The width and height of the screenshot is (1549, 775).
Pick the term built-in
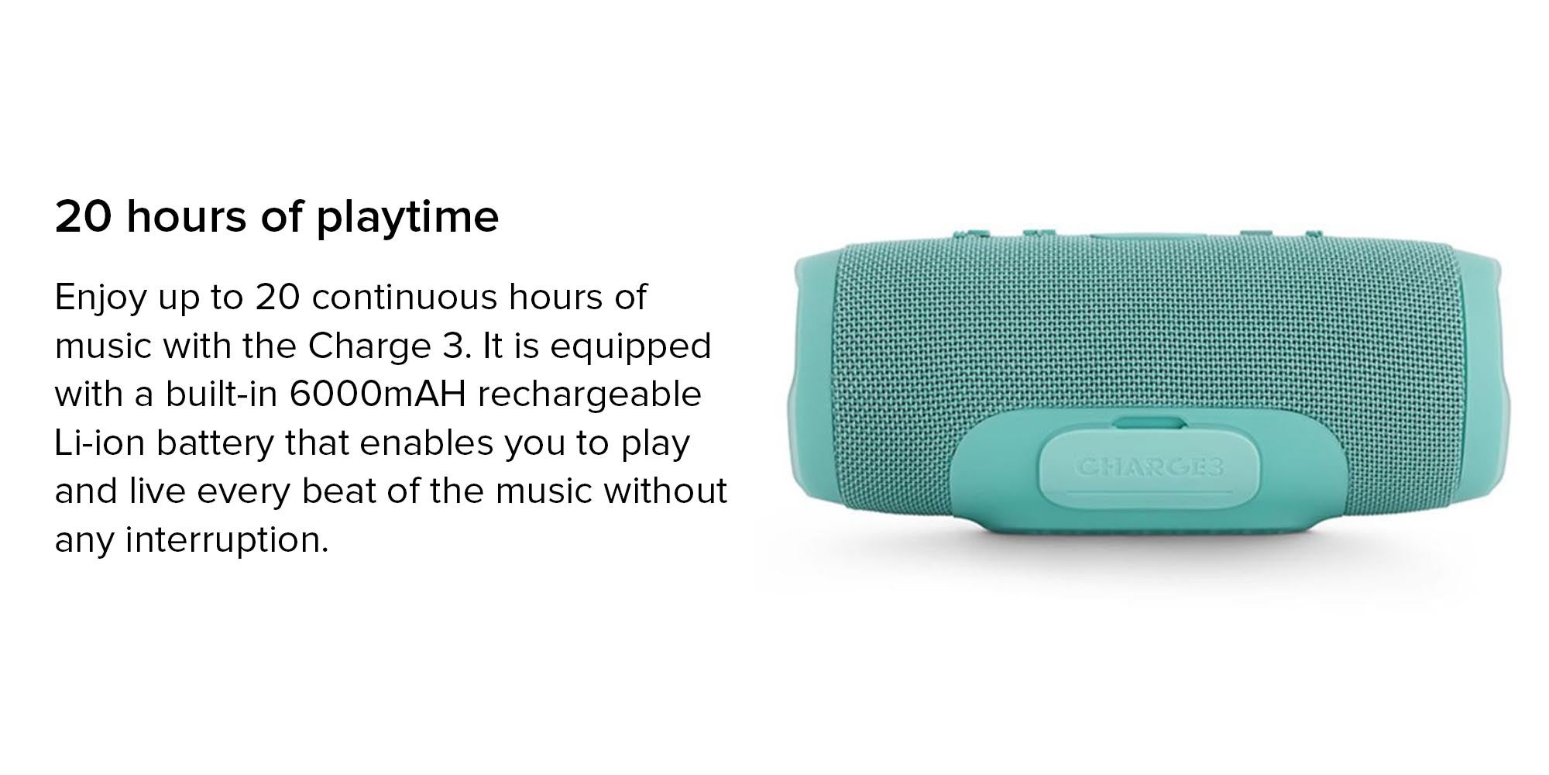coord(222,394)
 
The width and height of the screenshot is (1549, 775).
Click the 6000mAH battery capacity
coord(378,394)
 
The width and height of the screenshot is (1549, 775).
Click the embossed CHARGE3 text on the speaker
coord(1149,467)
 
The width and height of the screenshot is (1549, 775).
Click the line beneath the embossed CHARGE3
coord(1149,491)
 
